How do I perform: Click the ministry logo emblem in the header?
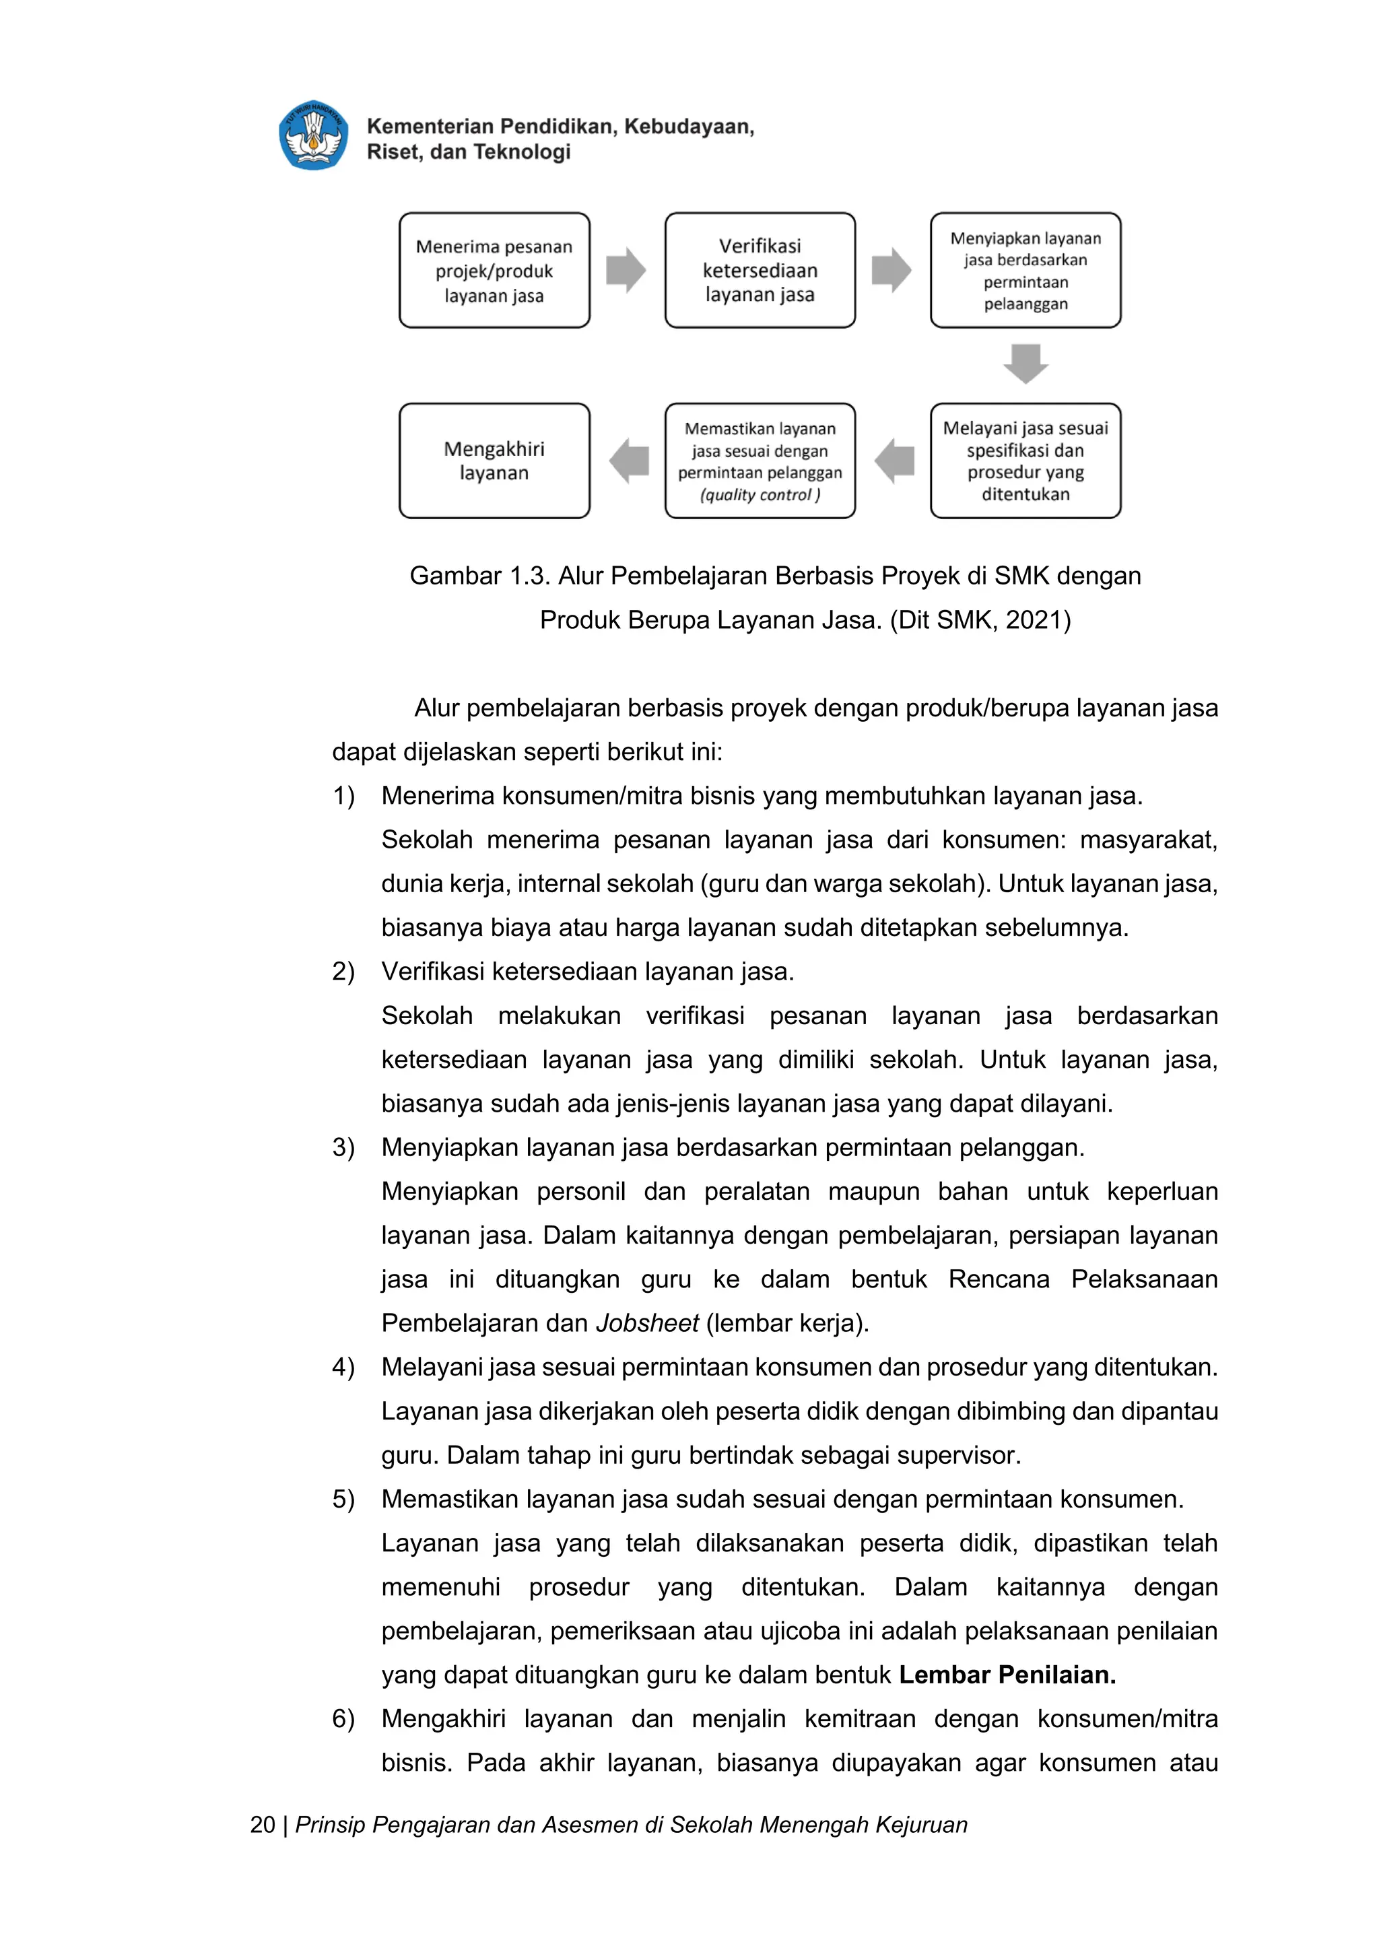click(313, 136)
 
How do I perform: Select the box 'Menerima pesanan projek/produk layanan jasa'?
click(494, 271)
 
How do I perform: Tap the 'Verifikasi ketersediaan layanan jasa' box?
click(760, 271)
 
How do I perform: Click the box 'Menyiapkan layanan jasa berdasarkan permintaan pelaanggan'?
click(1025, 271)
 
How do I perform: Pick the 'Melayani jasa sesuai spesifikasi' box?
click(1025, 461)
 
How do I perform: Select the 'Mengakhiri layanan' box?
click(494, 461)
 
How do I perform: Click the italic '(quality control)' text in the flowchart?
click(760, 494)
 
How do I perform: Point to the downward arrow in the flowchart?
click(1025, 364)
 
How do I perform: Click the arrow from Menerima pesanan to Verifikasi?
click(627, 271)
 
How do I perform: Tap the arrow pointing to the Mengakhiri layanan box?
click(628, 461)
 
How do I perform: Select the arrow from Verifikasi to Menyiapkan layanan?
click(892, 271)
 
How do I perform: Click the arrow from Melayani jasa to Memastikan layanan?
click(894, 461)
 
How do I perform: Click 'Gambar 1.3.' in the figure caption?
click(480, 576)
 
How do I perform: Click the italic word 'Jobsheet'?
click(647, 1323)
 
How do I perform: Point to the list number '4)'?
click(343, 1368)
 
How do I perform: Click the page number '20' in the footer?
click(263, 1824)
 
